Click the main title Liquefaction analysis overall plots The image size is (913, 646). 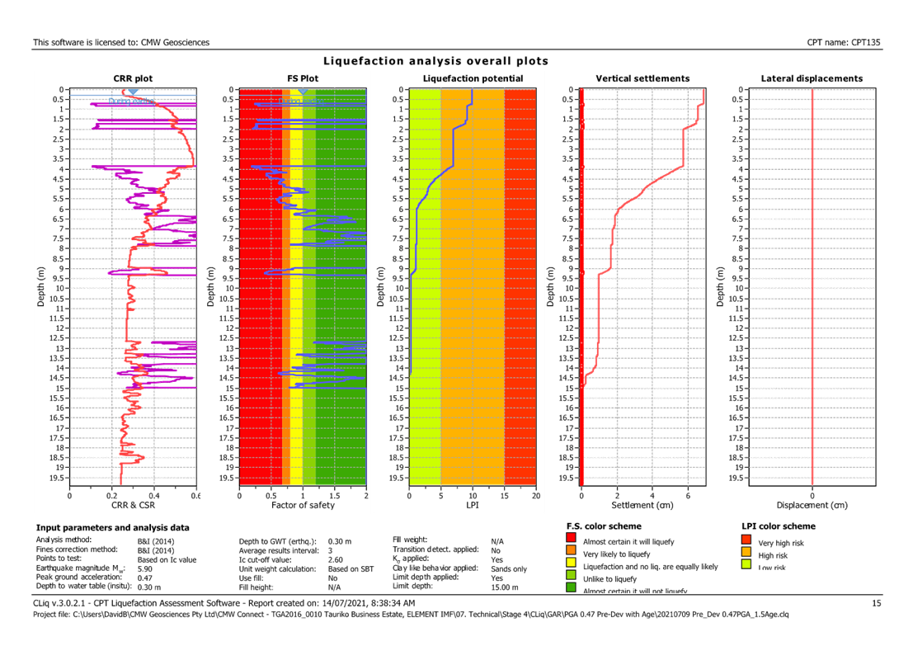click(x=435, y=62)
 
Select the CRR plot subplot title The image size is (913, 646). click(x=132, y=78)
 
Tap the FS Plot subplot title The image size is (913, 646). click(x=303, y=78)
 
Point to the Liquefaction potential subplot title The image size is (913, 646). click(x=472, y=78)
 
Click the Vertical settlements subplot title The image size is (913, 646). click(x=642, y=78)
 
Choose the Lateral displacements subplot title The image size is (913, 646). click(x=812, y=78)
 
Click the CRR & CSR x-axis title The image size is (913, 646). click(x=132, y=505)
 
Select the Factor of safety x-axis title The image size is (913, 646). click(x=303, y=505)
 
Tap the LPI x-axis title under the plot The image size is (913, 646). click(x=473, y=505)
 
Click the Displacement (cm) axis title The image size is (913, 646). click(x=812, y=505)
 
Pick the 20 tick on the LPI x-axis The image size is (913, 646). click(x=535, y=496)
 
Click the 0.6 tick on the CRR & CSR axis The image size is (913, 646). click(x=195, y=496)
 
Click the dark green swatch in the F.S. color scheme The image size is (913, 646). click(x=572, y=587)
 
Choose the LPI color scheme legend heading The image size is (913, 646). click(x=779, y=526)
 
